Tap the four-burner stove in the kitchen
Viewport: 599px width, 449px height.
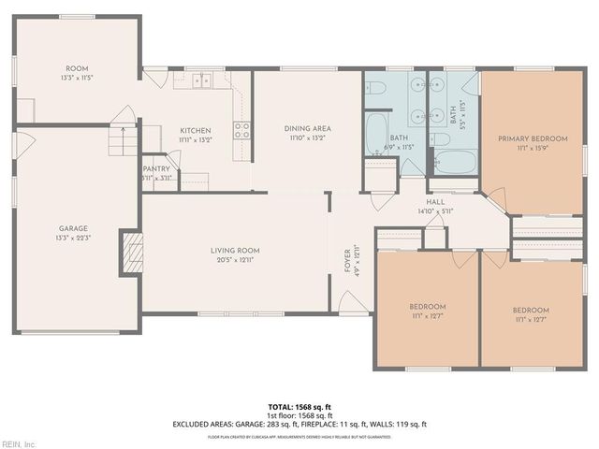click(241, 130)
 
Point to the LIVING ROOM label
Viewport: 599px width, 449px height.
click(234, 251)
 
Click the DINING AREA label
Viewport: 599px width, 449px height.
click(308, 129)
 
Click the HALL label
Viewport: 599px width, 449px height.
click(435, 202)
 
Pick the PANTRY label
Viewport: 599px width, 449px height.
click(156, 169)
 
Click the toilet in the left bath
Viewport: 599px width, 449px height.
click(378, 90)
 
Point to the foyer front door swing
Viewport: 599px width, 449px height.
click(348, 301)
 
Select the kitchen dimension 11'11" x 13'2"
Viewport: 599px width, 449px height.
click(196, 139)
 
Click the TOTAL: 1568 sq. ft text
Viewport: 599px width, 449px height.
click(299, 407)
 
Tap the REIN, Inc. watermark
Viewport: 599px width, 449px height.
click(18, 443)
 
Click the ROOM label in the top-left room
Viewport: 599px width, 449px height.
click(77, 68)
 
